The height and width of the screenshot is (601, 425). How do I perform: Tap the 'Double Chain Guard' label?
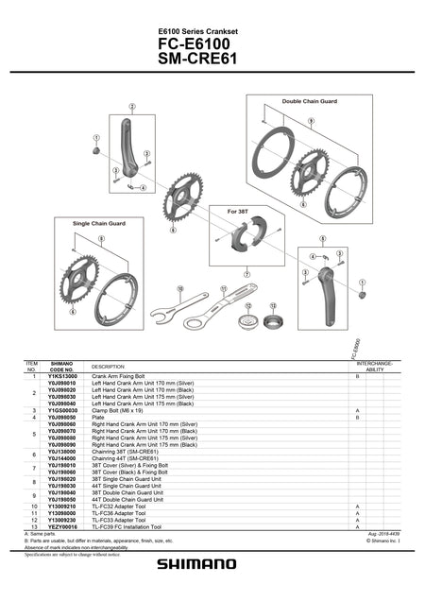pyautogui.click(x=309, y=100)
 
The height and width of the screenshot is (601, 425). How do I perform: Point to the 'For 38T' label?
pyautogui.click(x=238, y=211)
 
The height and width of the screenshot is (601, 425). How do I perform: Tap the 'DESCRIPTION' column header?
pyautogui.click(x=109, y=367)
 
